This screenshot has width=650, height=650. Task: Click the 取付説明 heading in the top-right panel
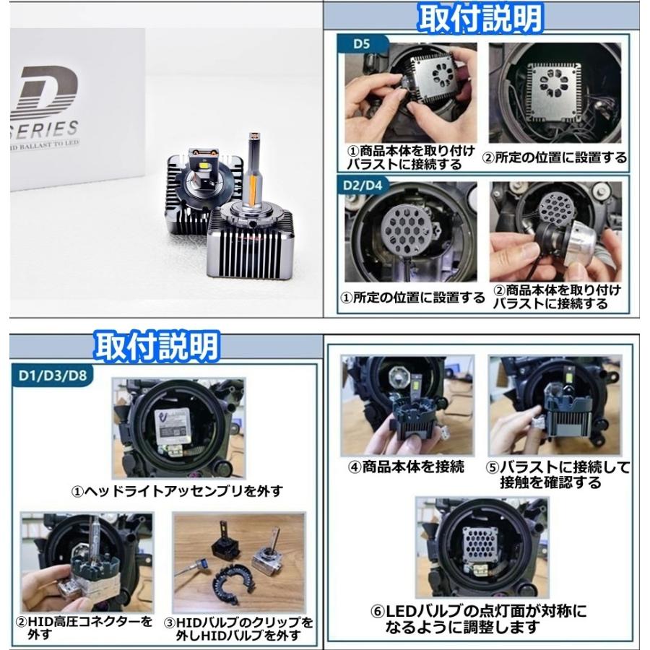[x=480, y=18]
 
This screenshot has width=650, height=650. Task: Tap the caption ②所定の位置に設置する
[x=555, y=157]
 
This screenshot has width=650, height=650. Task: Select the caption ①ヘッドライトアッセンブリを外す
[x=177, y=491]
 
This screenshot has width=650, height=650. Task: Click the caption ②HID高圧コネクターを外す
[x=84, y=628]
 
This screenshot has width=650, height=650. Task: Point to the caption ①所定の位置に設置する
[x=412, y=297]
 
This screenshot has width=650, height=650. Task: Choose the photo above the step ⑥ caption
[x=481, y=547]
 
